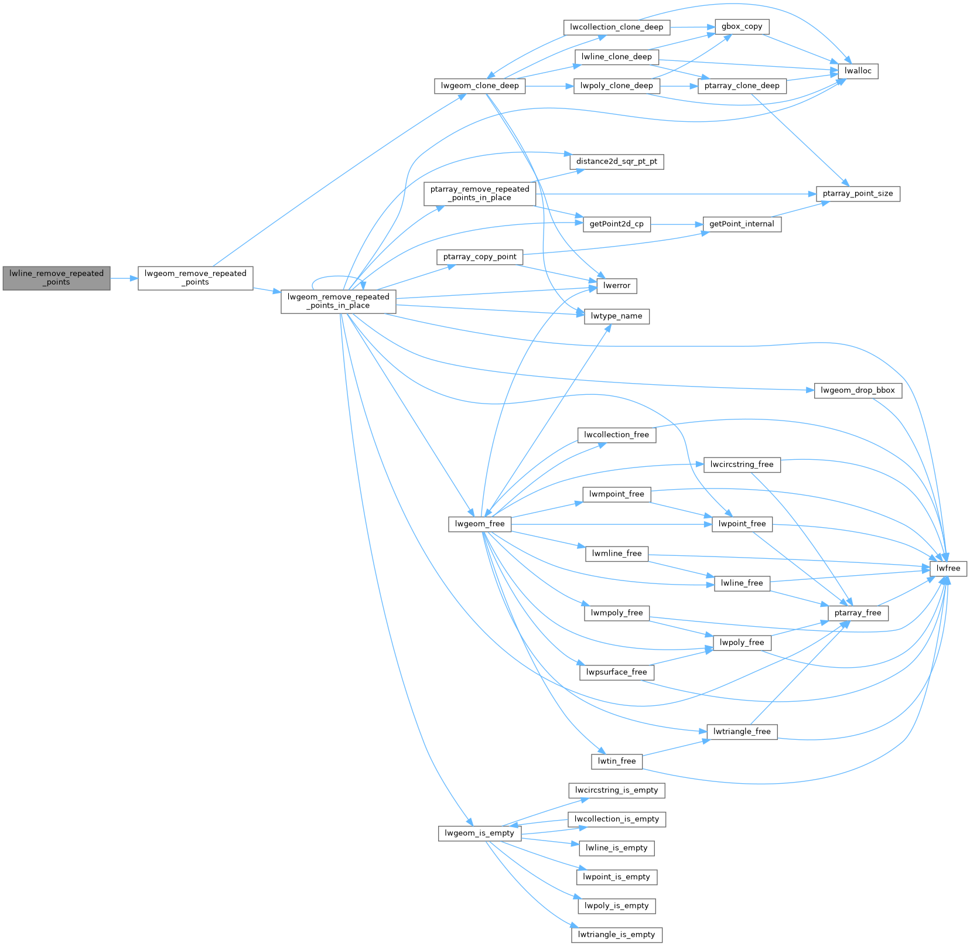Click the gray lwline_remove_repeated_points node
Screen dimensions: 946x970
[x=56, y=278]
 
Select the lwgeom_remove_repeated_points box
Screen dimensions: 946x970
[x=195, y=278]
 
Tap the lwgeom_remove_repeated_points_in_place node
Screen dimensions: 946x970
[x=338, y=301]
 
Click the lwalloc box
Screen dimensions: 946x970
[x=858, y=71]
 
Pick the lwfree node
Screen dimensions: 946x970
[x=948, y=568]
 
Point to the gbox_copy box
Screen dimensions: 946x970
[x=742, y=26]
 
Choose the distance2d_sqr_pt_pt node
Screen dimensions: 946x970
[x=616, y=161]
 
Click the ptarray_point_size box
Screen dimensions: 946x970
[x=858, y=193]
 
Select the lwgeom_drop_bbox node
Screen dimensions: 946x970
[x=858, y=390]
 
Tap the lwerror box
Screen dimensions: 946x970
[x=617, y=285]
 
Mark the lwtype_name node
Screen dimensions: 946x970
[x=616, y=316]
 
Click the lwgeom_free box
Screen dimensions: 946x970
[x=480, y=524]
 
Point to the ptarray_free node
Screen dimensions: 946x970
[x=858, y=613]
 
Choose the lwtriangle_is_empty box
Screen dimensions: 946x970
[x=616, y=934]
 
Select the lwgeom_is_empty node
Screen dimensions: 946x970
[x=479, y=833]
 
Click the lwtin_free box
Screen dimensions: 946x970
[x=616, y=761]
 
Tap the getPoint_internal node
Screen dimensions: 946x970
[x=742, y=224]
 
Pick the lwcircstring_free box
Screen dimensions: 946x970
[x=742, y=465]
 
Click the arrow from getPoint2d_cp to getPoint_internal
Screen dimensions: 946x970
[x=677, y=224]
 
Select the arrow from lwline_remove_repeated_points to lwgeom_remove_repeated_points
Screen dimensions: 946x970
[x=124, y=278]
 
